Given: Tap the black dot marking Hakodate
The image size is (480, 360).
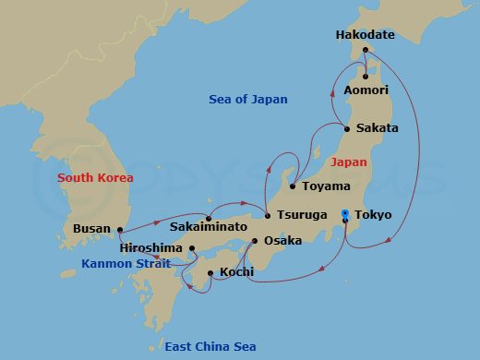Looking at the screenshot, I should point(366,50).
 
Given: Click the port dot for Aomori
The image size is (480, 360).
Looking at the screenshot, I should point(366,76).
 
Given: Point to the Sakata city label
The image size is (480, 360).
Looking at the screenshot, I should point(378,128).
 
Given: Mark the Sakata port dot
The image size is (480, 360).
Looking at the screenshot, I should point(347,128).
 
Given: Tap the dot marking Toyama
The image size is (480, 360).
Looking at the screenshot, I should point(293,186).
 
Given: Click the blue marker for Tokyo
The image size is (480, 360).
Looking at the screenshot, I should point(344,214).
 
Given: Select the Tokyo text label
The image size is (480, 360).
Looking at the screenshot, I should point(373,215).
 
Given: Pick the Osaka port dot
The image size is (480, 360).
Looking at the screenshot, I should point(255,241).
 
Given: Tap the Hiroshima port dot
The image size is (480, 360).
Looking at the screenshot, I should point(192,248).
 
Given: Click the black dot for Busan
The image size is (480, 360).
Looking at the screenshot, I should point(120,229).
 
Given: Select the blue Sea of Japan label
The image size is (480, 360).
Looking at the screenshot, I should point(248,100).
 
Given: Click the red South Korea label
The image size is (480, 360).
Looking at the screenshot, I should point(95,177).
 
